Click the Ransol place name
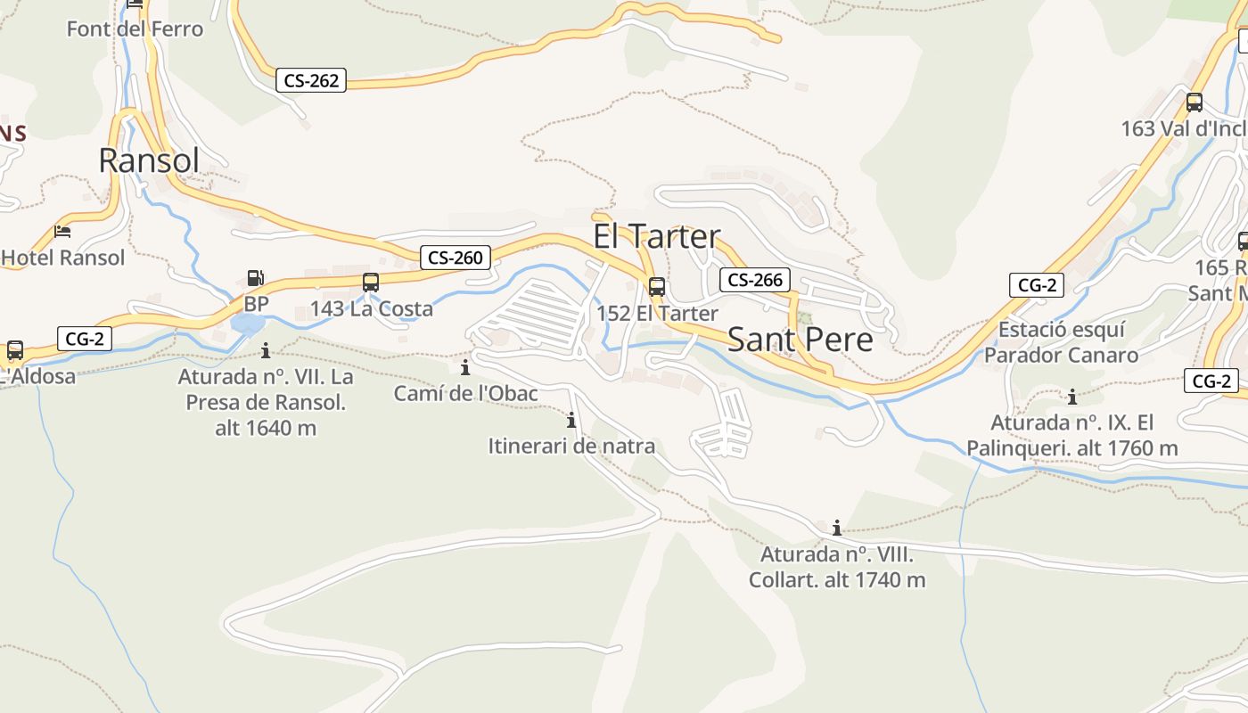(149, 160)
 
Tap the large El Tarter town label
(657, 237)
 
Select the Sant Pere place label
(801, 340)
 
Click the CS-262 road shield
(311, 80)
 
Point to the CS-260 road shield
(455, 258)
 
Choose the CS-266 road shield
(754, 280)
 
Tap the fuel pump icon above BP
(256, 278)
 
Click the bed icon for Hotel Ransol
(62, 232)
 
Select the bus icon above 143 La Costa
(371, 283)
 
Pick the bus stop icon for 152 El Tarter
(657, 287)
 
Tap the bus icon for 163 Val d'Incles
(1195, 102)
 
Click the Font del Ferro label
(135, 29)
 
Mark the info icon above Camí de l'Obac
(464, 367)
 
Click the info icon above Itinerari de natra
(571, 420)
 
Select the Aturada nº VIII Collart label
(836, 567)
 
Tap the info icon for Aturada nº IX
(1072, 397)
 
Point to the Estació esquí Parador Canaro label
(1061, 342)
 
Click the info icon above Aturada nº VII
(266, 350)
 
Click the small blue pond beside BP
(247, 323)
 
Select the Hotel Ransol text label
(63, 258)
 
